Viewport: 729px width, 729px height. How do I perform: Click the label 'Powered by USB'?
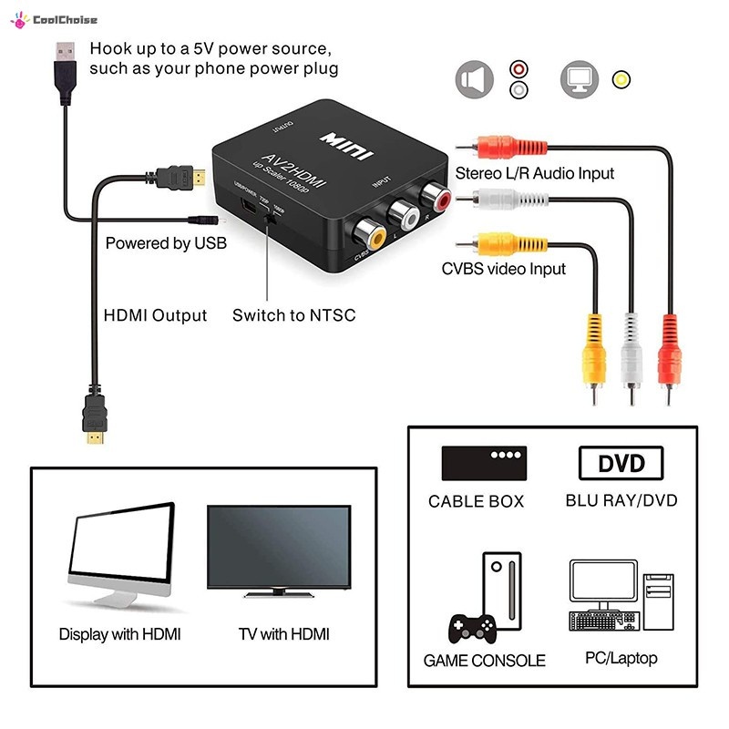(166, 243)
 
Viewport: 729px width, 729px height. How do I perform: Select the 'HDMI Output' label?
(155, 315)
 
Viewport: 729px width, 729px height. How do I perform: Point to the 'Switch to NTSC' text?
(293, 315)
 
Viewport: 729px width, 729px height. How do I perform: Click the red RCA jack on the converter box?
(432, 196)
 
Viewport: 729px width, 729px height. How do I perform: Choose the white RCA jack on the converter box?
(402, 215)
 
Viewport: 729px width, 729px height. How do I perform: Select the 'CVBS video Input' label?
(503, 269)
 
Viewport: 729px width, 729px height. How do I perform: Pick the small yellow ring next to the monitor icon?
(621, 79)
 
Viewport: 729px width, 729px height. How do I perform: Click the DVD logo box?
(621, 463)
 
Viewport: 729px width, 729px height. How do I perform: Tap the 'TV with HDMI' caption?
(283, 633)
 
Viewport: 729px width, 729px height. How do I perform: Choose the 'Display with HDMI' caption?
(119, 633)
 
